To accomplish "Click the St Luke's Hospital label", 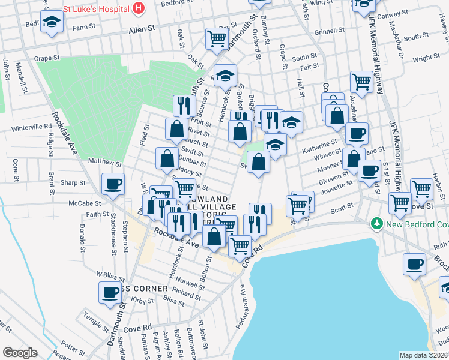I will point(97,8).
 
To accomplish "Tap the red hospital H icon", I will point(139,8).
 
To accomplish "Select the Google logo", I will point(19,353).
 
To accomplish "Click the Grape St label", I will point(47,58).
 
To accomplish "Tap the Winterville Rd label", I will point(32,127).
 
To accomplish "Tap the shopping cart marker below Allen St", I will point(216,38).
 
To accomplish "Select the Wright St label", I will point(426,58).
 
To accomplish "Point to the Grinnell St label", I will point(328,31).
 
